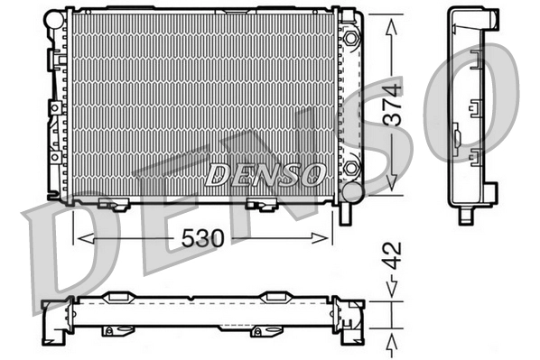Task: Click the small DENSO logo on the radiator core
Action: tap(263, 173)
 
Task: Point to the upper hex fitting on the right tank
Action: tap(350, 37)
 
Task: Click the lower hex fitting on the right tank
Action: tap(350, 169)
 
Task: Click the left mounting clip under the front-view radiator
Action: tap(115, 203)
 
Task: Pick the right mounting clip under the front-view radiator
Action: tap(265, 204)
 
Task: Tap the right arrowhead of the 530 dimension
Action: tap(327, 237)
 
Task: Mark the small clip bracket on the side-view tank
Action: tap(461, 138)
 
